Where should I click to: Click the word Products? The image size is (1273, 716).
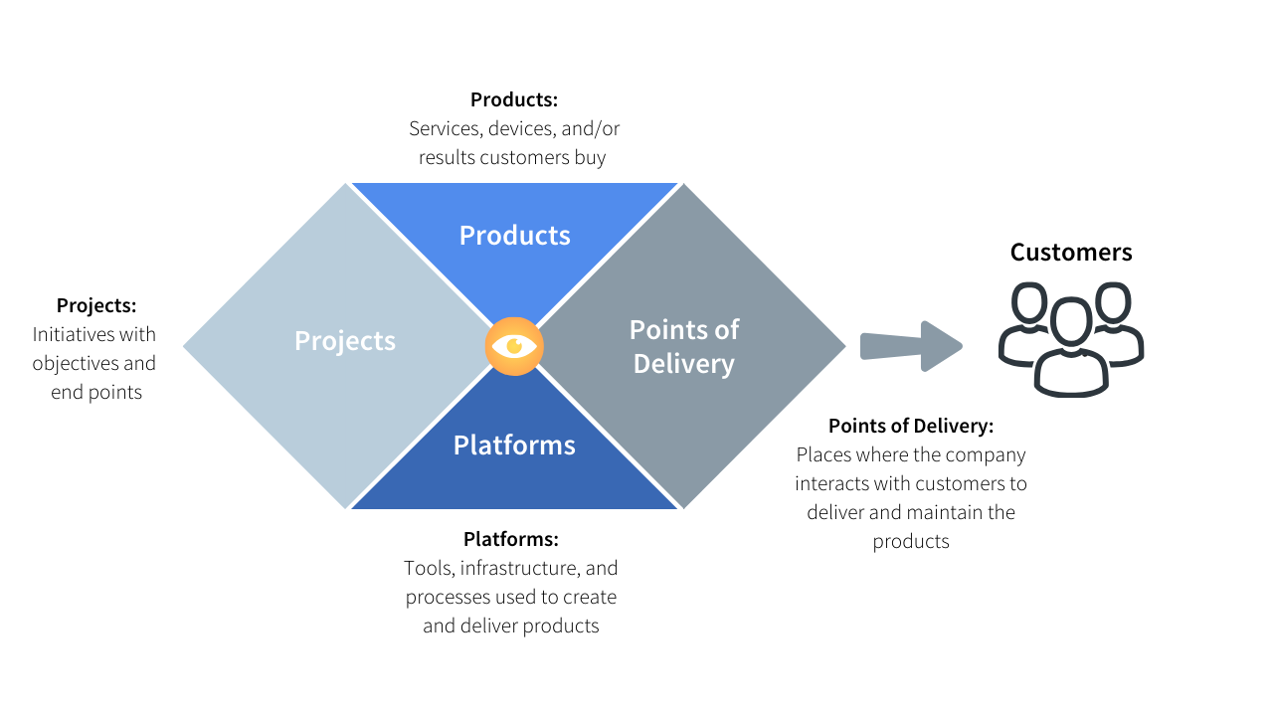pos(514,236)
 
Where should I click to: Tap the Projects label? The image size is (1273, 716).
pos(344,341)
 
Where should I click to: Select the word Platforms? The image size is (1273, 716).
pos(514,446)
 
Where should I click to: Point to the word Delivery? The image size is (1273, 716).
pos(683,364)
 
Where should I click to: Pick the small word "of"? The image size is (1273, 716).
pos(726,330)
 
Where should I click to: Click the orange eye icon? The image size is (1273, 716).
pos(514,346)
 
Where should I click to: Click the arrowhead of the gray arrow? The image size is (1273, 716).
pos(941,346)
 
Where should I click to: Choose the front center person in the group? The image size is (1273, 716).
pos(1071,353)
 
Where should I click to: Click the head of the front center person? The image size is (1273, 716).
pos(1071,321)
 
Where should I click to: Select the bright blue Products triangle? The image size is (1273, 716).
pos(514,214)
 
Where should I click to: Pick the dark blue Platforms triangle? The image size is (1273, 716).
pos(514,477)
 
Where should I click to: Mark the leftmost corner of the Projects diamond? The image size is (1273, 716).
pos(185,346)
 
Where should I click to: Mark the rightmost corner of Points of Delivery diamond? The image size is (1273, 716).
pos(844,346)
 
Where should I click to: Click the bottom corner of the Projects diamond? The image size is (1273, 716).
pos(345,507)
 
